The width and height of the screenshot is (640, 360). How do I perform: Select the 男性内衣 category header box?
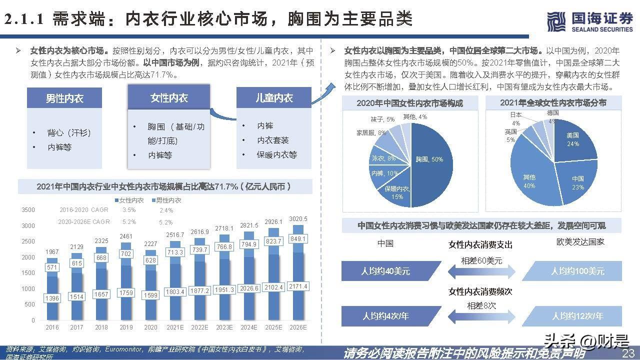click(x=64, y=98)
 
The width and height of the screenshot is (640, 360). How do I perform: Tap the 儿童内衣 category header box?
click(x=274, y=98)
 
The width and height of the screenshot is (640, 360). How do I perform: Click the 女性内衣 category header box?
click(x=169, y=97)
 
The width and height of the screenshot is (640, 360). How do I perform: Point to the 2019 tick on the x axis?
click(x=126, y=327)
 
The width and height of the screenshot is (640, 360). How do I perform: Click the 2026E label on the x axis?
click(x=298, y=327)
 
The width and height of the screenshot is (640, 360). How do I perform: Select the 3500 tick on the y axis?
click(x=28, y=210)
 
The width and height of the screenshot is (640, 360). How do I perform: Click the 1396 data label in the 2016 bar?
click(x=52, y=298)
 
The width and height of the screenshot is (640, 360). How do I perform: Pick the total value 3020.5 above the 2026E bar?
click(x=298, y=219)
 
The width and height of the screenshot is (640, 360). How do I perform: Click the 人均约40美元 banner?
click(x=385, y=271)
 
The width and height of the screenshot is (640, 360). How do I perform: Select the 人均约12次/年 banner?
click(x=577, y=316)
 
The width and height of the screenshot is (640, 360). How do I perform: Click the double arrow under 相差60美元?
click(x=481, y=271)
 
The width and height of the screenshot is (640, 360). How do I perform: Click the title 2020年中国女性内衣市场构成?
click(x=409, y=103)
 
